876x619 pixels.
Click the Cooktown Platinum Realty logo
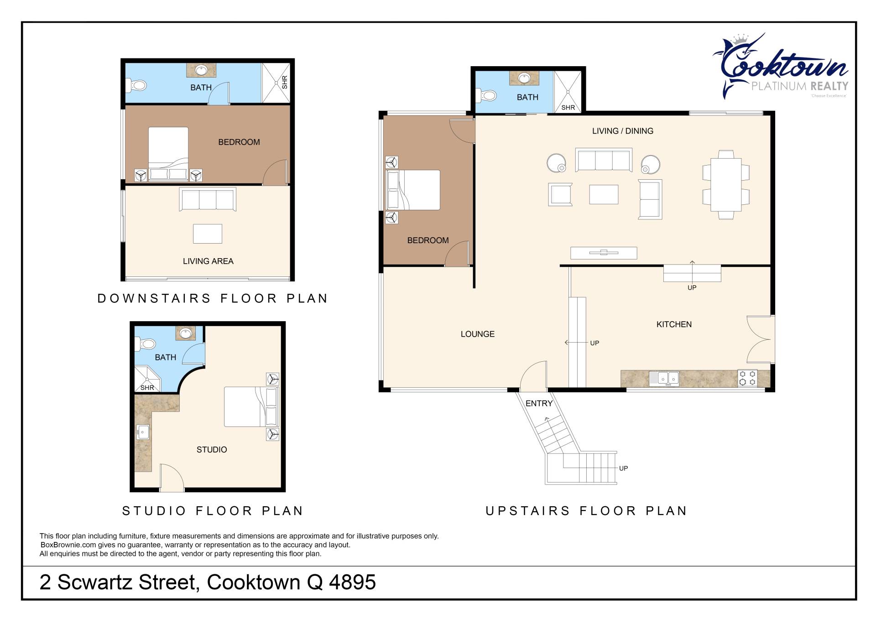click(780, 66)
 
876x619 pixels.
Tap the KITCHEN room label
click(674, 324)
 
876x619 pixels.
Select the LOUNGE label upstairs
click(478, 334)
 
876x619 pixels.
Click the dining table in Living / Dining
click(726, 184)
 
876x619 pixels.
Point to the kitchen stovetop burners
click(747, 378)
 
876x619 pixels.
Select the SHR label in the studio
click(147, 388)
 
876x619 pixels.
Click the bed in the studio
click(250, 407)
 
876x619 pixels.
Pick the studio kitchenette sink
click(143, 432)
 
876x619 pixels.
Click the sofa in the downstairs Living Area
click(208, 199)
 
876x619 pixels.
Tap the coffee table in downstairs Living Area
click(208, 234)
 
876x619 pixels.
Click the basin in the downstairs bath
click(201, 70)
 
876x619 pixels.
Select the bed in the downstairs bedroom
click(168, 154)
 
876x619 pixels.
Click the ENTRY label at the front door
click(539, 403)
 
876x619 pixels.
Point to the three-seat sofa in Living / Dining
click(604, 160)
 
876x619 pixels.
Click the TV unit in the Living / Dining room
click(604, 252)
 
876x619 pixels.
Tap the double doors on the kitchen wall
click(759, 339)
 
